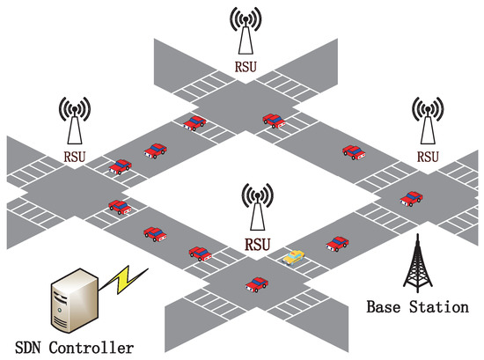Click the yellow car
click(294, 257)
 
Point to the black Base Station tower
click(419, 263)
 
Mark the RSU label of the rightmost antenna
click(428, 157)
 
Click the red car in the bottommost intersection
click(256, 283)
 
